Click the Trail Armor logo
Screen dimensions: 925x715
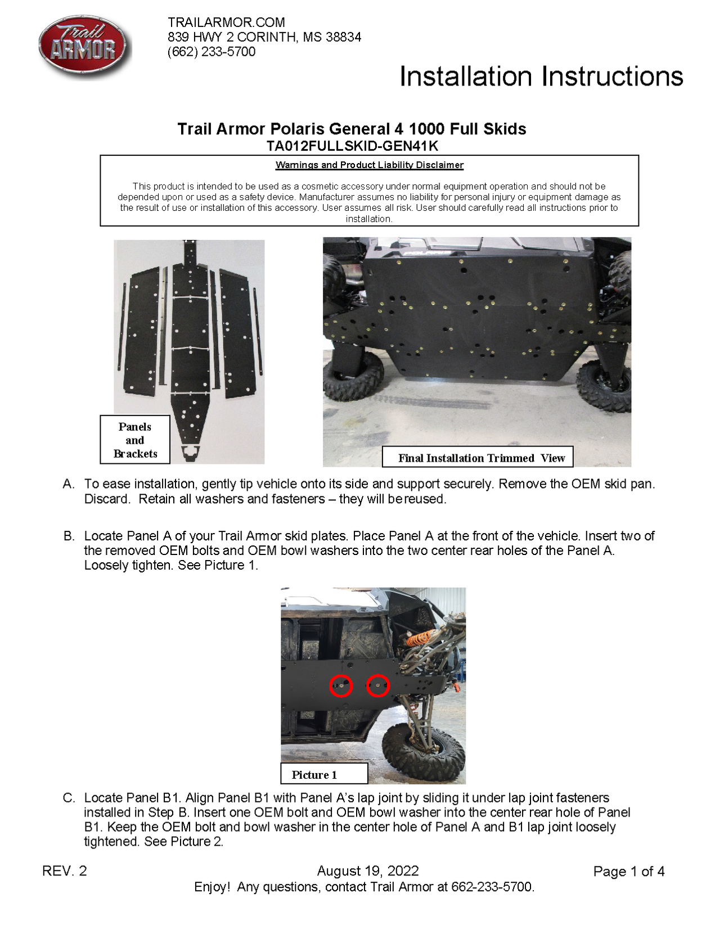[x=84, y=46]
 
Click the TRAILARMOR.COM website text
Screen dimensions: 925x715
[x=226, y=22]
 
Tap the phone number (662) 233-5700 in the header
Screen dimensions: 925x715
[x=212, y=52]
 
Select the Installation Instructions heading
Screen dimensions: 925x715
[x=541, y=76]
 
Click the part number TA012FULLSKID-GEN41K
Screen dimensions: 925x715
[x=352, y=146]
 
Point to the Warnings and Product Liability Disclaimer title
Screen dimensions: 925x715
[x=370, y=165]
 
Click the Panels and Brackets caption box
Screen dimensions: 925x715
[x=135, y=440]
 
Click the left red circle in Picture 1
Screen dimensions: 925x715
[x=341, y=685]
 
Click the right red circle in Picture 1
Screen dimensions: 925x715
[x=378, y=685]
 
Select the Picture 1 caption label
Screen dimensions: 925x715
[x=314, y=774]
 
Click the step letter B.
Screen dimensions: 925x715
[x=69, y=536]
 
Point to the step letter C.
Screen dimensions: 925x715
[x=69, y=798]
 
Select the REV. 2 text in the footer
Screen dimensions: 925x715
[x=65, y=871]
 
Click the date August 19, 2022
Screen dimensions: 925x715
[x=368, y=871]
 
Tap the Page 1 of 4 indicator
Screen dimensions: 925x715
[x=629, y=872]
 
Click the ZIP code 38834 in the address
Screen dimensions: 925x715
[x=343, y=37]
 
